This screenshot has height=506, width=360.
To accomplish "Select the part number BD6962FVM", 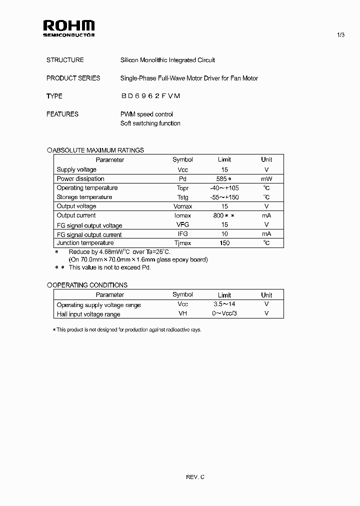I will click(150, 96).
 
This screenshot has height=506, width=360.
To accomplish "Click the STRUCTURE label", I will click(65, 60).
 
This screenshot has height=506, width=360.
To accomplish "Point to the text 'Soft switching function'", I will click(150, 123).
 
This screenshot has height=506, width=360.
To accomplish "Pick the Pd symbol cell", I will click(182, 179).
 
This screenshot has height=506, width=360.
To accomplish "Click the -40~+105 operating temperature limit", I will click(224, 188).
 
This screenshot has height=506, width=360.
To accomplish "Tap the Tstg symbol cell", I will click(182, 197).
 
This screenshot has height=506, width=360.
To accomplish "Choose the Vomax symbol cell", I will click(182, 206).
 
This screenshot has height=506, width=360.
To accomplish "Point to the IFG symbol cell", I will click(182, 234).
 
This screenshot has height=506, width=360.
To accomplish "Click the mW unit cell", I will click(266, 179).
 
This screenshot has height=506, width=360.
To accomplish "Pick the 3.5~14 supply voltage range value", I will click(224, 304).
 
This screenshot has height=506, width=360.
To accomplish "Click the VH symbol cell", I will click(182, 314).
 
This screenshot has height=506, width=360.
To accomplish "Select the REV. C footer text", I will click(195, 477).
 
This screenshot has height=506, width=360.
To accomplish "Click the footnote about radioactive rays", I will click(127, 330).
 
